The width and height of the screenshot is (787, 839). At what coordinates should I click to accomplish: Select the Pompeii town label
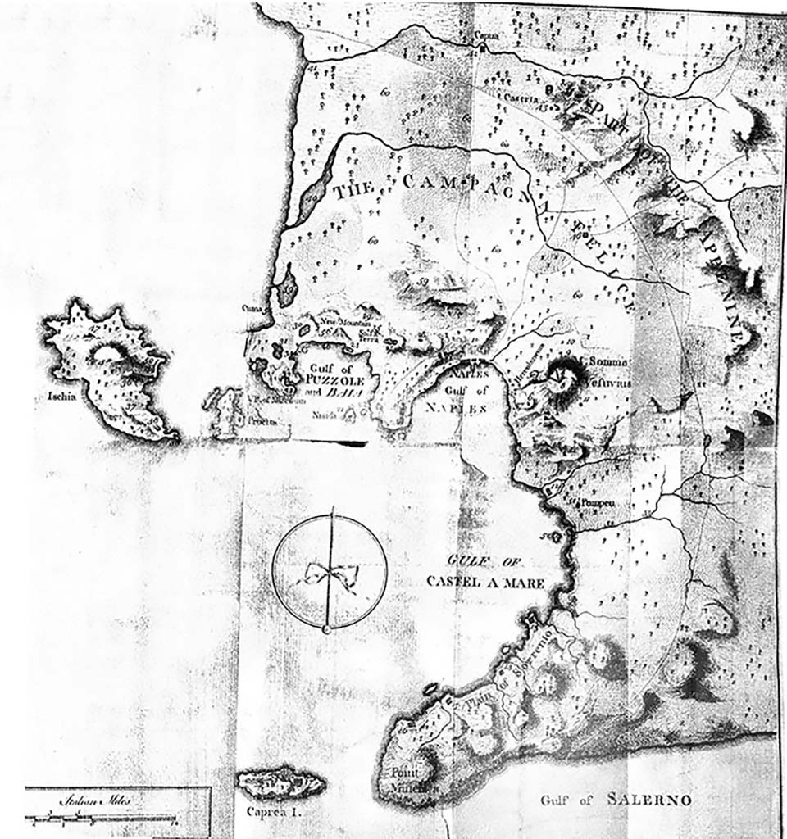598,501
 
